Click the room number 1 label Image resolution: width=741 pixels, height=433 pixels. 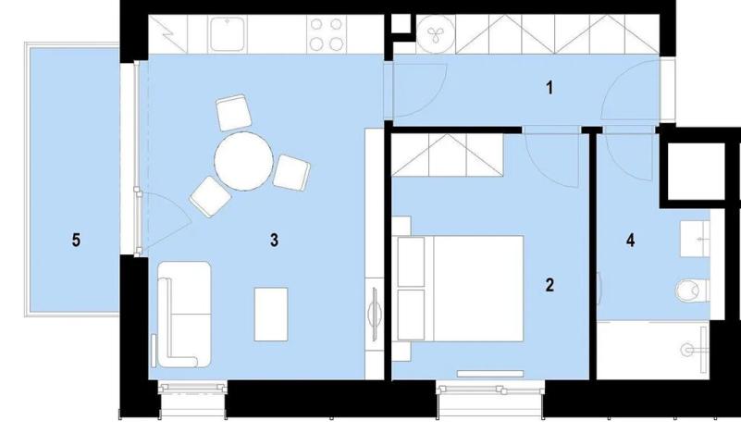[x=550, y=89]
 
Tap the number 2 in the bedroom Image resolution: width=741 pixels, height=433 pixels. [x=550, y=285]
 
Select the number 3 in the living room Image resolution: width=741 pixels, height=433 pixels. [x=274, y=241]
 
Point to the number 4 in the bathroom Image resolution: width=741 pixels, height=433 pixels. [x=630, y=241]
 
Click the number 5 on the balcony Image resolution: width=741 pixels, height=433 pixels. [x=76, y=241]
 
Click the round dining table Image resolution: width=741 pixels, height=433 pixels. [x=243, y=160]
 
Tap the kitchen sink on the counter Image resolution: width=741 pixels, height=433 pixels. [x=225, y=35]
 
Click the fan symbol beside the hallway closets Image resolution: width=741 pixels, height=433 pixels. [x=432, y=35]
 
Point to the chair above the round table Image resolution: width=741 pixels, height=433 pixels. [x=233, y=113]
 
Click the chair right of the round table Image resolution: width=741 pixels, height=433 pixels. [x=291, y=172]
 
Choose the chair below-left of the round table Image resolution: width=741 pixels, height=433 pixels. [x=210, y=195]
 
